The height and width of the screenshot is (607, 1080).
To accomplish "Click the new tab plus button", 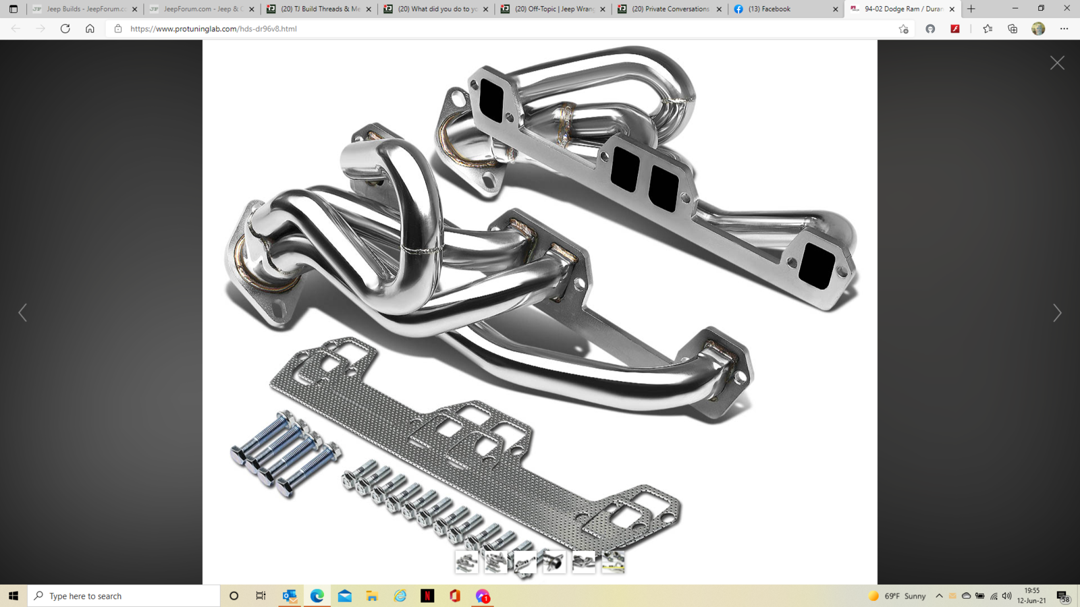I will pos(971,9).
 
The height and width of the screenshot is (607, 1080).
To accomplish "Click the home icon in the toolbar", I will pos(90,29).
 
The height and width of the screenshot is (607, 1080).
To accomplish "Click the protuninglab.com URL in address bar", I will pos(213,29).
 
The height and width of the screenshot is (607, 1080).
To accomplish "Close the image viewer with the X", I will pos(1057,63).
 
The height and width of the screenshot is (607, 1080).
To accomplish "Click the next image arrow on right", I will pos(1057,313).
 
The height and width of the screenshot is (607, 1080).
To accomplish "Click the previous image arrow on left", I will pos(22,313).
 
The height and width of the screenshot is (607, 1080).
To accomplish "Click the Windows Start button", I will pos(13,596).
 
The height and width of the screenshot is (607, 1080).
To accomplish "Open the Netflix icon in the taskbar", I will pos(427,596).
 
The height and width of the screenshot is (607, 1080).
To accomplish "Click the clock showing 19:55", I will pos(1031,596).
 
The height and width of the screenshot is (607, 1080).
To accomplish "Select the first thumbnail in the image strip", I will pos(466,562).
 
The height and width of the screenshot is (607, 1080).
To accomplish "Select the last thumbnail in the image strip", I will pos(613,562).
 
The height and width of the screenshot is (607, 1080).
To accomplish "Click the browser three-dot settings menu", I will pos(1064,29).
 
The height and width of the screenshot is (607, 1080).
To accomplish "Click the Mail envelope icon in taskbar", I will pos(344,596).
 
